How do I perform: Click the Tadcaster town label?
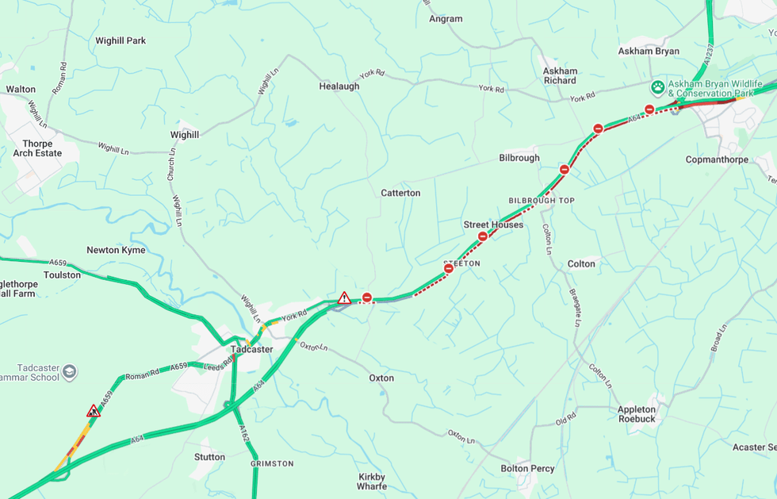point(251,349)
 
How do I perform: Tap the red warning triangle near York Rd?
point(344,298)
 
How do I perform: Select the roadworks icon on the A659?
point(94,411)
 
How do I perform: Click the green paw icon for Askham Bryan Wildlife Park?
point(657,86)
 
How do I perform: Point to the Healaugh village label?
point(339,86)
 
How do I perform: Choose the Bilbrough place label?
point(519,158)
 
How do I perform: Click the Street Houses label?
point(493,225)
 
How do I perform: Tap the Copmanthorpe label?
point(717,159)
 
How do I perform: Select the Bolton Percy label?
point(527,469)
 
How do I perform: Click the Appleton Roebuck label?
point(637,415)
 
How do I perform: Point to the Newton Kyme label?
point(116,250)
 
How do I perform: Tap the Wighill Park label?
point(121,40)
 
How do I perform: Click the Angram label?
point(445,19)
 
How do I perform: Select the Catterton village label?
point(400,193)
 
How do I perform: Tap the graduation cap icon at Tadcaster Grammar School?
point(70,371)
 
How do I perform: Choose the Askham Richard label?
point(560,75)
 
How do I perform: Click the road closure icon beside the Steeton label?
point(449,269)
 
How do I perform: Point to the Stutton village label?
point(209,457)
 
